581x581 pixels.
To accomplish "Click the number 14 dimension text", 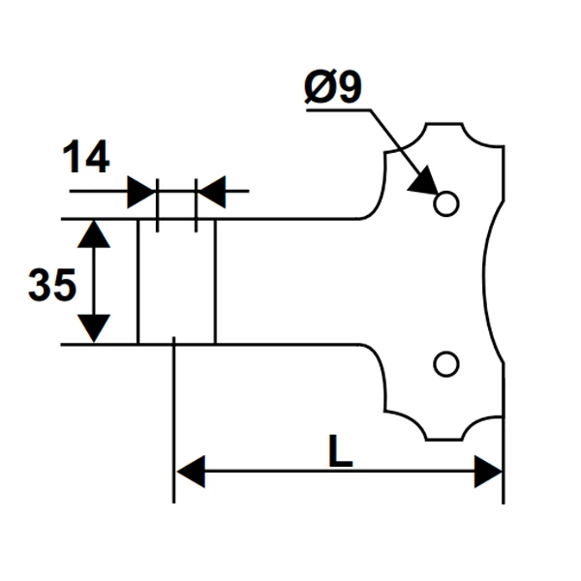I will coord(86,157).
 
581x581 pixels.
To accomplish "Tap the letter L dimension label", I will coord(339,451).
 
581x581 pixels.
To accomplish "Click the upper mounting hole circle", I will coord(445,203).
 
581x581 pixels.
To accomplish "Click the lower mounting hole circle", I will coord(445,363).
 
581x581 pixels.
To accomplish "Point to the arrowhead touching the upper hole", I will coord(423,180).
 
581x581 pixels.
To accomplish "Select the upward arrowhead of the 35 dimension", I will coord(93,233).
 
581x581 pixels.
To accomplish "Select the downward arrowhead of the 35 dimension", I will coord(93,328).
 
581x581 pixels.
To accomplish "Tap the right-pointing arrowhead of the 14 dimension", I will coord(141,192).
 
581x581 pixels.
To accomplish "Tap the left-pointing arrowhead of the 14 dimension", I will coord(210,192).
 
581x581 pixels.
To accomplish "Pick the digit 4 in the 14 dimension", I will coord(96,157).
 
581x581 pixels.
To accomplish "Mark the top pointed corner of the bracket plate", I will coord(426,125).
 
